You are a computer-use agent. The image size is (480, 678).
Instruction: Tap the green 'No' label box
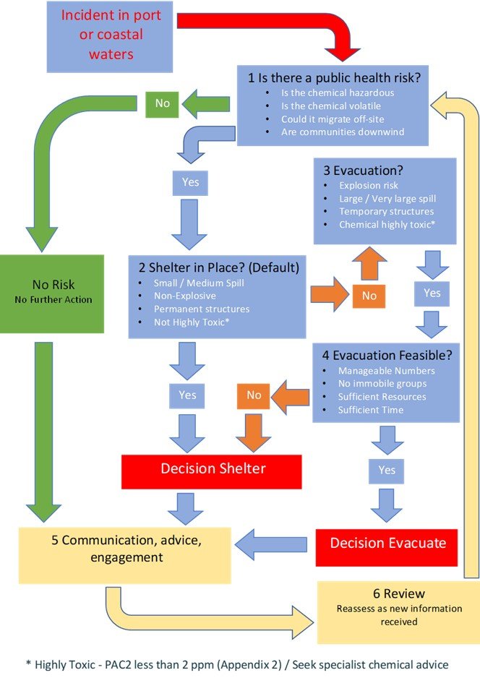(x=163, y=103)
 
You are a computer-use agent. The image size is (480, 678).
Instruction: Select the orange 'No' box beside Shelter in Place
(x=369, y=296)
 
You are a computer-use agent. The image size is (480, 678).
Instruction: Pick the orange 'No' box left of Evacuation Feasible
(x=254, y=395)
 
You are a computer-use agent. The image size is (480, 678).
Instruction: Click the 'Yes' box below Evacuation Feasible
(x=387, y=471)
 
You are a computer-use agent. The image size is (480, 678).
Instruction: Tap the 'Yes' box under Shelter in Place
(x=187, y=395)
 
